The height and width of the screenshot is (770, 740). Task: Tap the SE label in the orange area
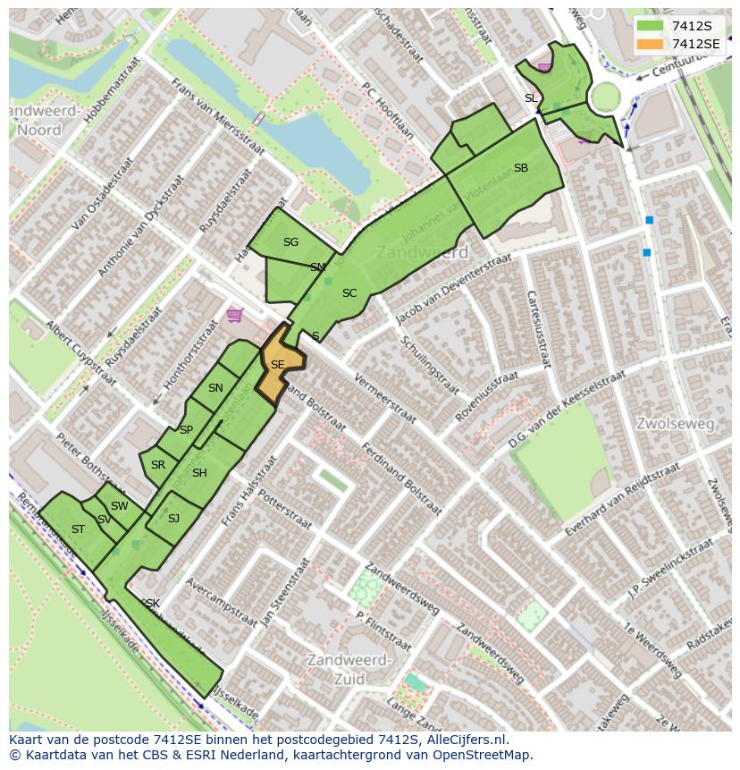(x=277, y=365)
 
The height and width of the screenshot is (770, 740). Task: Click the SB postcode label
(x=520, y=168)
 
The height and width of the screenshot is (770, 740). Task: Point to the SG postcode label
(x=290, y=242)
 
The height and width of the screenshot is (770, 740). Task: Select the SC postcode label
(x=349, y=293)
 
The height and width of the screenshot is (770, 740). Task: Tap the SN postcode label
(x=215, y=388)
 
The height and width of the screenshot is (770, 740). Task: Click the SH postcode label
(x=199, y=473)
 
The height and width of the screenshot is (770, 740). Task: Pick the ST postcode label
(x=78, y=529)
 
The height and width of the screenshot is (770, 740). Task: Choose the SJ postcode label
(x=173, y=519)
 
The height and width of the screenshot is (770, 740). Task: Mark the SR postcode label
(x=158, y=465)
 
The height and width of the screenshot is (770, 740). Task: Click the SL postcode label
(x=531, y=98)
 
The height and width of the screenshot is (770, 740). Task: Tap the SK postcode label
(x=152, y=604)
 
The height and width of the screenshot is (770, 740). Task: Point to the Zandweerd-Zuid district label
(x=348, y=669)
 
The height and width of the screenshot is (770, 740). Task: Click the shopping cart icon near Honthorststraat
(x=234, y=314)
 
